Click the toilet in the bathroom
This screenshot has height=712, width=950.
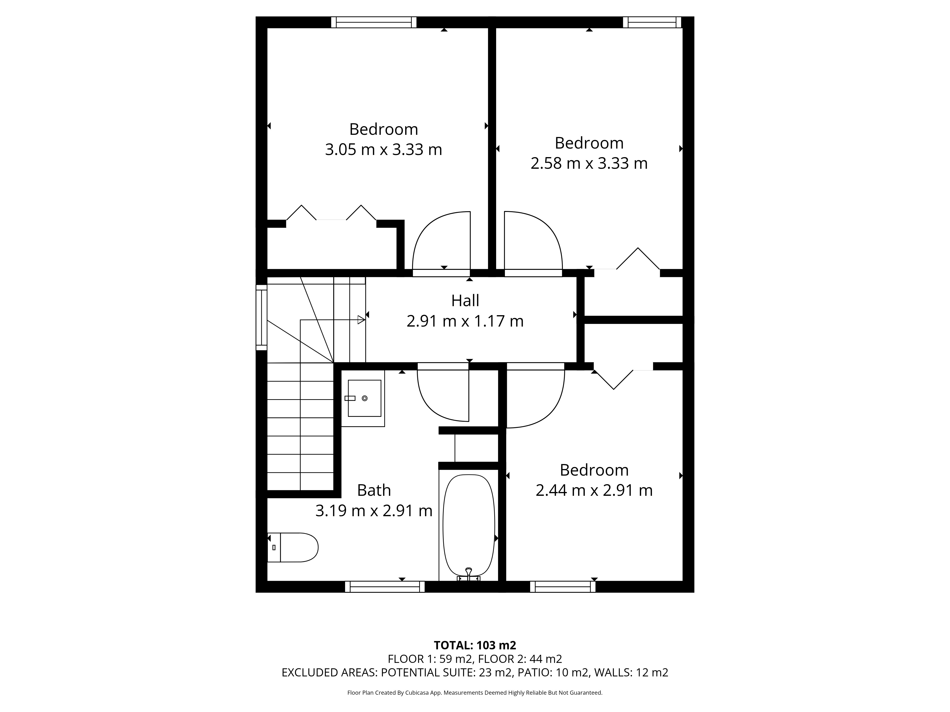[x=292, y=547]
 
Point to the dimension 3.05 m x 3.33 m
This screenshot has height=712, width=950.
[x=384, y=149]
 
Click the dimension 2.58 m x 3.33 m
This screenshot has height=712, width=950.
[x=589, y=163]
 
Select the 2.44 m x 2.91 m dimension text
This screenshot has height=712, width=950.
[x=594, y=490]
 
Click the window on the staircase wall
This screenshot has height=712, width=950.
[x=261, y=318]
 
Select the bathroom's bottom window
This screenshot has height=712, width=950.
[x=385, y=587]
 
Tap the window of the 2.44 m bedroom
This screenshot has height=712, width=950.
[x=563, y=587]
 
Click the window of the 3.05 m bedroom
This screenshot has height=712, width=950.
[x=374, y=22]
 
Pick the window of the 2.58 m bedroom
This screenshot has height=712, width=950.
[x=652, y=22]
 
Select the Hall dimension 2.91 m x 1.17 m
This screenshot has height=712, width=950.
[x=465, y=321]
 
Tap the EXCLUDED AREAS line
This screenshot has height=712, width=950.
[x=475, y=673]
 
